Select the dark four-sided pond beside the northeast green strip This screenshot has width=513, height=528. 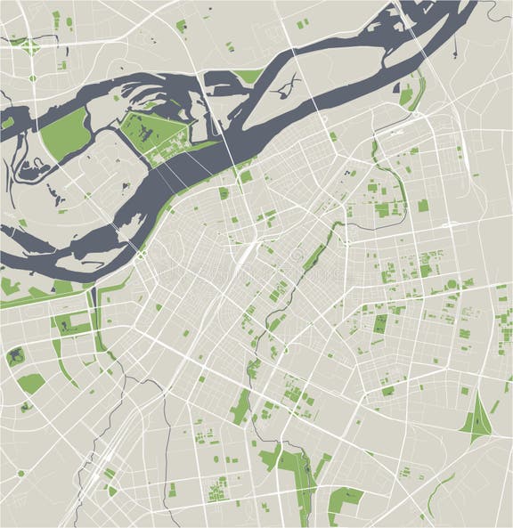(x=407, y=97)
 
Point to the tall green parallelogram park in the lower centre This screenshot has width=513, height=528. (x=240, y=406)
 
